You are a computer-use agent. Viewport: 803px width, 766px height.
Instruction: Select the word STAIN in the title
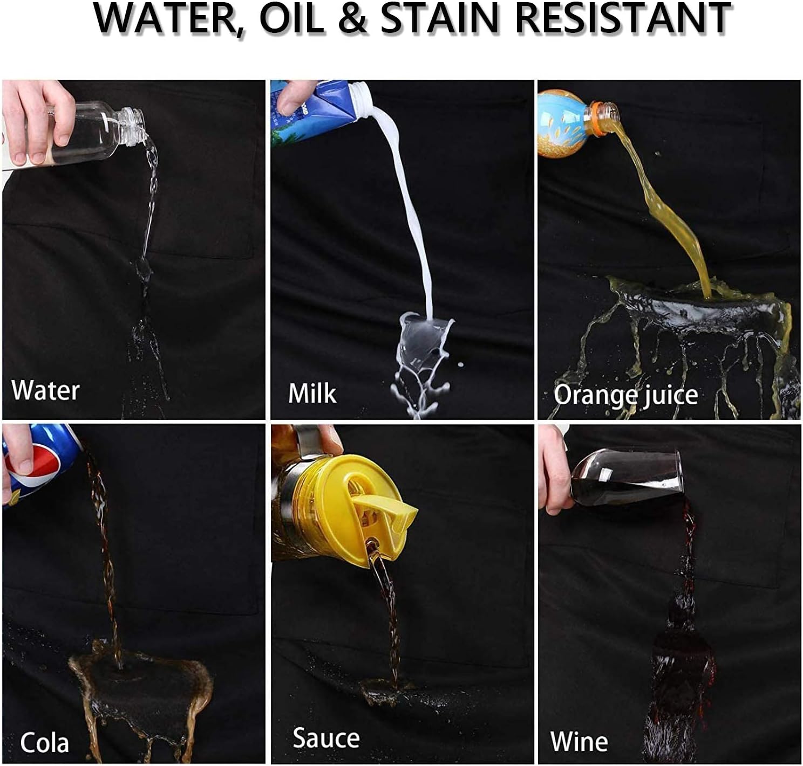441,19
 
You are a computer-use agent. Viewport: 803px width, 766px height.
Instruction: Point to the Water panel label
45,390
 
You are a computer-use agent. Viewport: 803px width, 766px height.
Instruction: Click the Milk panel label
312,393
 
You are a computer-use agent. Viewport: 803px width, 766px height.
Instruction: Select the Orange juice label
625,395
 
